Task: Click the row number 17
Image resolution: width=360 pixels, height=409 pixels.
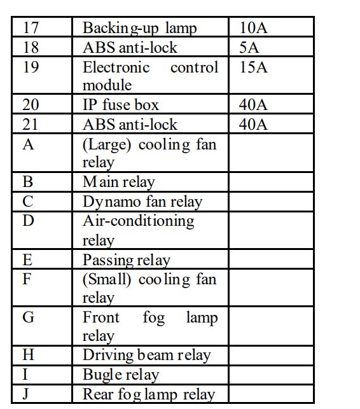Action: click(x=31, y=28)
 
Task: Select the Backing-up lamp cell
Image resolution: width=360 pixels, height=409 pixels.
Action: click(x=140, y=28)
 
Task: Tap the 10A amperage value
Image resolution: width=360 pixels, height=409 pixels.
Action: click(x=253, y=28)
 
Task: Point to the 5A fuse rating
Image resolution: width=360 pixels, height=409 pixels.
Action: click(x=249, y=48)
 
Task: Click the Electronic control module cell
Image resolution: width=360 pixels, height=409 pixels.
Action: click(x=150, y=76)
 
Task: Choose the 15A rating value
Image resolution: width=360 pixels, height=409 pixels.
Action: click(x=253, y=67)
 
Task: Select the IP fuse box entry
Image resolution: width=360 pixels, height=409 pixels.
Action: click(x=121, y=105)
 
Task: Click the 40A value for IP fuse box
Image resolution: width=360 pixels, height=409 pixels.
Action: click(x=253, y=105)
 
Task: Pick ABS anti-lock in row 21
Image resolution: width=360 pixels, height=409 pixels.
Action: click(x=130, y=125)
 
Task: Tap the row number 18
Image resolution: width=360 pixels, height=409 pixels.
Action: click(x=31, y=48)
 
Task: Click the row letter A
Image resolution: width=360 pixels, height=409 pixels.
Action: click(x=28, y=144)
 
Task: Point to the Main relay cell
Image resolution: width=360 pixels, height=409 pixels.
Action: click(x=119, y=183)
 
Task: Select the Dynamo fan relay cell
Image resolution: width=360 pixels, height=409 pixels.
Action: click(x=142, y=202)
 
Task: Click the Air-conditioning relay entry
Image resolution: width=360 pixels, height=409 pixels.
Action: click(x=139, y=230)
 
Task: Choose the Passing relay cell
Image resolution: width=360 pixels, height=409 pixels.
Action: click(x=127, y=260)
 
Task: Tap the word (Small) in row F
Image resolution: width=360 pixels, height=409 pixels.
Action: click(x=106, y=279)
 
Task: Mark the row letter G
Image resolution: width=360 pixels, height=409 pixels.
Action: click(x=29, y=317)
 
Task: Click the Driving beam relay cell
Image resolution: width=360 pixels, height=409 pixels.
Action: click(x=146, y=356)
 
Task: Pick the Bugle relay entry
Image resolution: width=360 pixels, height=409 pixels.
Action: click(x=121, y=375)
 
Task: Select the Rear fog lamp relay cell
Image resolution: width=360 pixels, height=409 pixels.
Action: click(x=149, y=394)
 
